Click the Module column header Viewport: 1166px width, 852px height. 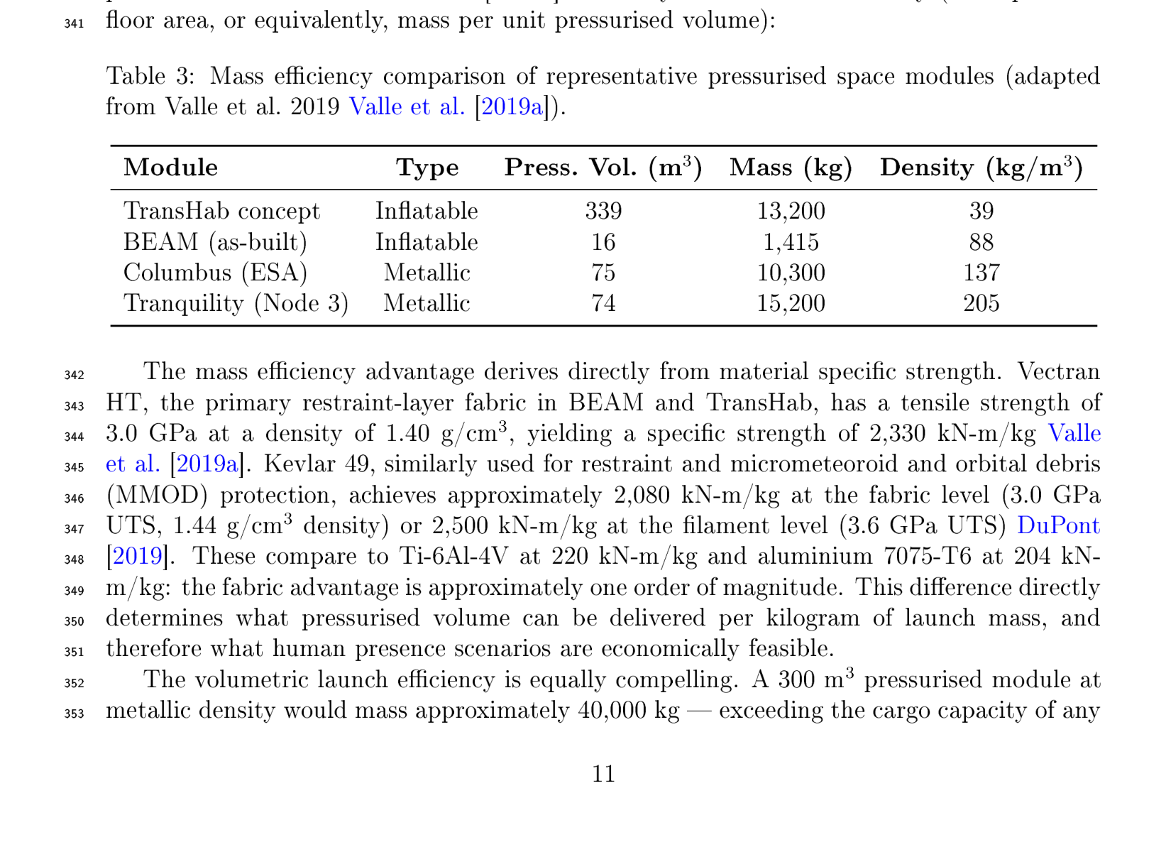coord(170,168)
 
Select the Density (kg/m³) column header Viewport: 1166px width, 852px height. coord(981,168)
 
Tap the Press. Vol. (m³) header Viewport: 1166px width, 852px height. coord(603,168)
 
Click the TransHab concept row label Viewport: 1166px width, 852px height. coord(221,211)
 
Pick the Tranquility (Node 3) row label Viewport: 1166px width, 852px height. coord(236,303)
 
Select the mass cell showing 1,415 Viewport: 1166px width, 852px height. coord(791,242)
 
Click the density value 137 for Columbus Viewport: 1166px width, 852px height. coord(981,273)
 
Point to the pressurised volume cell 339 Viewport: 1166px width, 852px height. coord(603,211)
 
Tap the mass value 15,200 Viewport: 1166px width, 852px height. coord(791,303)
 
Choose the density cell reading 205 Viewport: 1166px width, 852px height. coord(981,303)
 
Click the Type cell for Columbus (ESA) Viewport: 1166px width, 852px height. coord(427,273)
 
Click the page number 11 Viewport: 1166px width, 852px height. coord(603,773)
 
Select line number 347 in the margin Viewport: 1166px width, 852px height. coord(75,529)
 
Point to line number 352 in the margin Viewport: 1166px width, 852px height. coord(75,683)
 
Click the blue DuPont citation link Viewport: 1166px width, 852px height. coord(1058,525)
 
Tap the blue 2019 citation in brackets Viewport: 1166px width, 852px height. coord(138,556)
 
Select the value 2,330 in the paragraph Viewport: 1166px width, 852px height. coord(893,433)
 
